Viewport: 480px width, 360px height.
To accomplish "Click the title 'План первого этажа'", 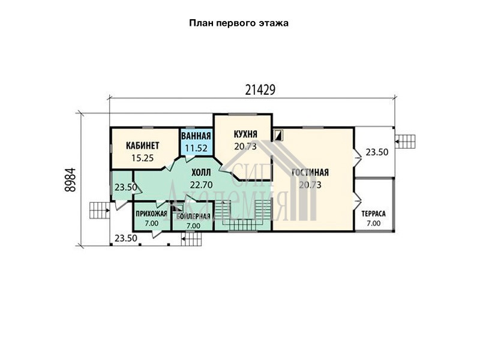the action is coord(238,23).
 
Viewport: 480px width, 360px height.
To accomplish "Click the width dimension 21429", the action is coord(260,89).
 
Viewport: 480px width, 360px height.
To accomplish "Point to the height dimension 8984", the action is coord(70,179).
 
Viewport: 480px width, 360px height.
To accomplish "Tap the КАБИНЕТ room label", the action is coord(143,145).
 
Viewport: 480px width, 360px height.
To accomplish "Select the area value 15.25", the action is coord(142,158).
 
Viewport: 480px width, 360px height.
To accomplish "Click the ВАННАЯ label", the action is coord(196,136).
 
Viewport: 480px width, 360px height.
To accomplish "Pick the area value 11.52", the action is coord(196,148).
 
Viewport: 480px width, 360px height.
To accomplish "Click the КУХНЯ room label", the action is coord(245,134).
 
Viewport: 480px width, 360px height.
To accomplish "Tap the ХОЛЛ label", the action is coord(201,173).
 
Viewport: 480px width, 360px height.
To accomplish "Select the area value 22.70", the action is coord(201,185).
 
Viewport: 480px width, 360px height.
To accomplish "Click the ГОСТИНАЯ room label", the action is coord(310,172).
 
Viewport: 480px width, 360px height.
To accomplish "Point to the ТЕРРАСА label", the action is coord(373,214).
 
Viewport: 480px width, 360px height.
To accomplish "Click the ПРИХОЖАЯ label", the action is coord(152,214).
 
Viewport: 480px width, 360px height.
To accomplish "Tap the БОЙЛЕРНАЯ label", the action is coord(193,217).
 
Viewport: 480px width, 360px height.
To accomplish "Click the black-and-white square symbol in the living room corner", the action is coord(278,135).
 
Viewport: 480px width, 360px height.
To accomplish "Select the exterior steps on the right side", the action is coord(405,142).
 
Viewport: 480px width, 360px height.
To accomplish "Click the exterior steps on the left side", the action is coord(100,210).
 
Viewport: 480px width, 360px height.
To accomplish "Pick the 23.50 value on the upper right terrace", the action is coord(377,152).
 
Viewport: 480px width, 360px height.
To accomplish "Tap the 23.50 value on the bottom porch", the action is coord(126,238).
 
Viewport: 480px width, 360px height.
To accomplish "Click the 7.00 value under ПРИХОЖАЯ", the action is coord(152,223).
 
